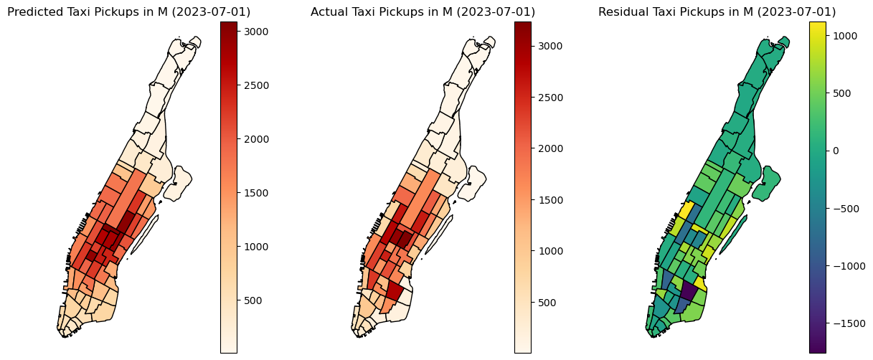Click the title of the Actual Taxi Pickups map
423,12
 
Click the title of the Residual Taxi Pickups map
717,12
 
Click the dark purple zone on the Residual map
688,290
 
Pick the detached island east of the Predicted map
177,183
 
